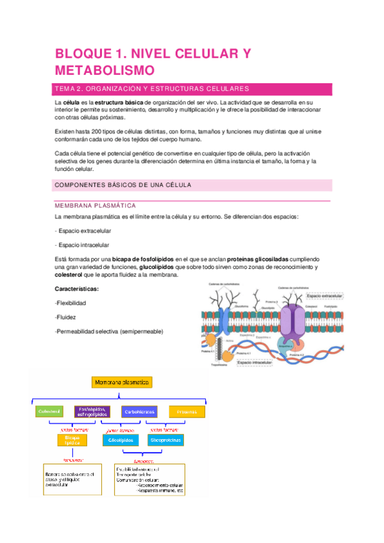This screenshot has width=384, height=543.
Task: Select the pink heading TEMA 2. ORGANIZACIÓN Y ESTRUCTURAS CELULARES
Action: [x=151, y=88]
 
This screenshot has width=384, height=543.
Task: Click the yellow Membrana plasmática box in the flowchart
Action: [x=122, y=382]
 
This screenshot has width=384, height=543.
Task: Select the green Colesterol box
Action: [x=49, y=411]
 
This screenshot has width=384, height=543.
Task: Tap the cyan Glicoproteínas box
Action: [x=165, y=441]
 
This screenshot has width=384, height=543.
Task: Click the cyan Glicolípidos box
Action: [x=120, y=441]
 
